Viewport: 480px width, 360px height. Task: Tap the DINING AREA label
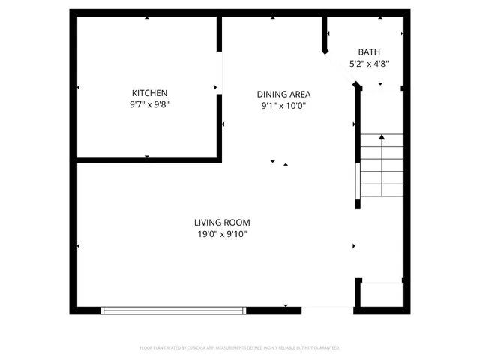pos(283,94)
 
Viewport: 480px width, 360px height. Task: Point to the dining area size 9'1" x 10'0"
pos(283,106)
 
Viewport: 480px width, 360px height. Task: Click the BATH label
pos(369,52)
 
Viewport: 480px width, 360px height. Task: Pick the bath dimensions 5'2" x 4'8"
pos(369,64)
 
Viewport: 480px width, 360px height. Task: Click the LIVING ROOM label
pos(222,223)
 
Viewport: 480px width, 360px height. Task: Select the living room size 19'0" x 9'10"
pos(222,235)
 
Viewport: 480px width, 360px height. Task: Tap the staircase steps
pos(382,169)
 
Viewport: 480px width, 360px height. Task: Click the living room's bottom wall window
pos(174,309)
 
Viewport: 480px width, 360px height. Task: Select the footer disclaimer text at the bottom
pos(240,348)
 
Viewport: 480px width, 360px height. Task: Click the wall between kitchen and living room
pos(148,160)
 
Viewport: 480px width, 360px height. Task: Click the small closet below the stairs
pos(381,294)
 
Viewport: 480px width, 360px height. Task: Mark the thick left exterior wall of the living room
pos(74,236)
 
